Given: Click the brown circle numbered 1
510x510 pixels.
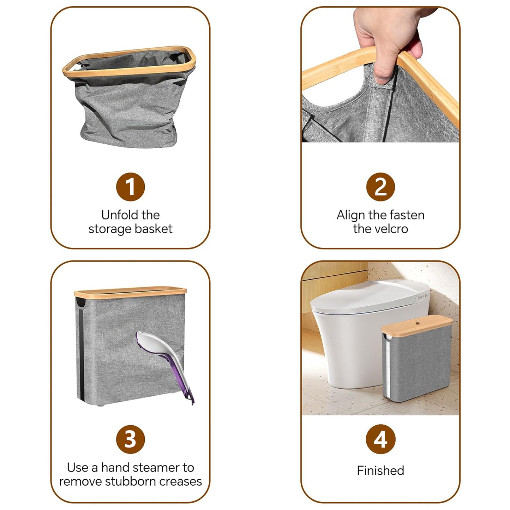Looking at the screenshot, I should point(130,187).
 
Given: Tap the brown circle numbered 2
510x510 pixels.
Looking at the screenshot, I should point(380,187).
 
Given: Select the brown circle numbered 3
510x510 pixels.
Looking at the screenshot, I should point(130,439).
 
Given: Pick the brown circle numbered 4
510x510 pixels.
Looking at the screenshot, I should point(380,439).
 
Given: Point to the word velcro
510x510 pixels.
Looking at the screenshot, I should point(390,229).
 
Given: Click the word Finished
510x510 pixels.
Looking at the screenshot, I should point(380,470).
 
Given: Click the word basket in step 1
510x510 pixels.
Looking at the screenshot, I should point(154,229).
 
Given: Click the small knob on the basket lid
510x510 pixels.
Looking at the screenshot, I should point(417,322).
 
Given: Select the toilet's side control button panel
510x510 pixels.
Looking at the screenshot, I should point(422,298).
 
